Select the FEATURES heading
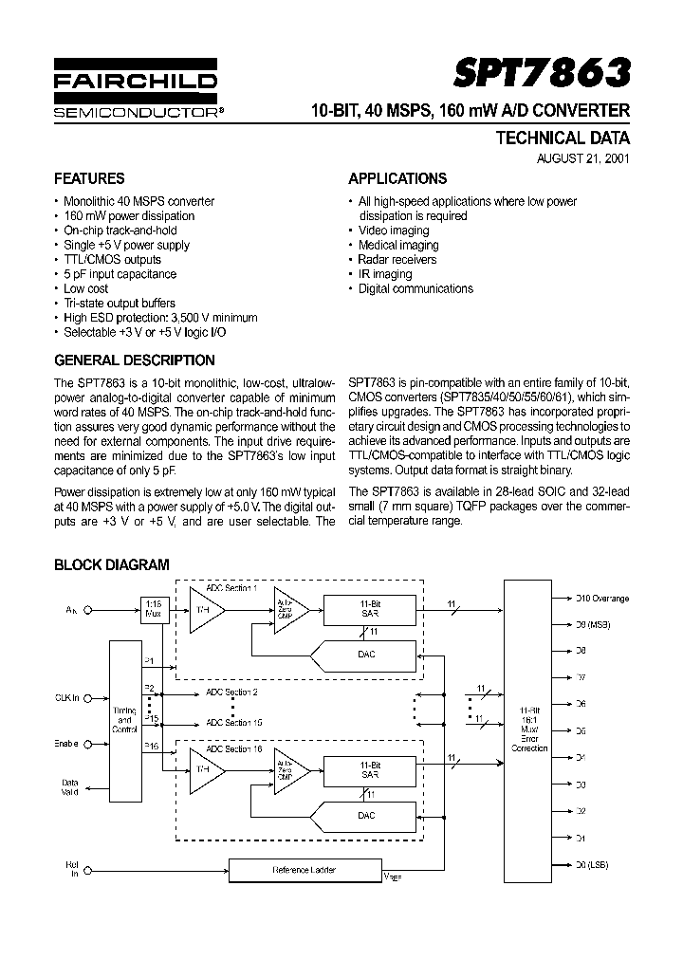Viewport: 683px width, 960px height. click(x=89, y=178)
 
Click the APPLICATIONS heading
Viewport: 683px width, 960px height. click(x=397, y=178)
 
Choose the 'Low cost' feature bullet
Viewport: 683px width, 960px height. click(x=85, y=288)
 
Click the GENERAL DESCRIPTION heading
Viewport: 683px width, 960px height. click(x=135, y=360)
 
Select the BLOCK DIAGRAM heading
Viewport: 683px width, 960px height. click(x=112, y=564)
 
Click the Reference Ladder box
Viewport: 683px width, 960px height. click(x=305, y=869)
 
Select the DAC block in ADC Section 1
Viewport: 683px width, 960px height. click(x=367, y=655)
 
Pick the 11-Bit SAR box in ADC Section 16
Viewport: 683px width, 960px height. click(x=369, y=768)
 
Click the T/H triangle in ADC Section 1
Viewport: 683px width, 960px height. click(x=202, y=612)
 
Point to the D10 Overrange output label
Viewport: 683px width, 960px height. click(x=602, y=599)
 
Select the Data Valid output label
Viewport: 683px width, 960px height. click(x=69, y=787)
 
